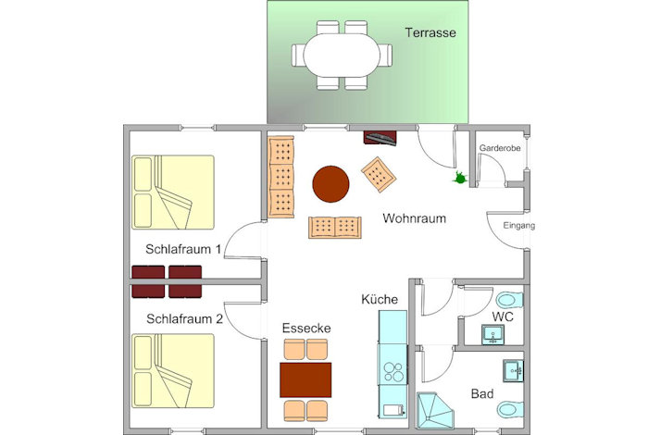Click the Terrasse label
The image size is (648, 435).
point(430,32)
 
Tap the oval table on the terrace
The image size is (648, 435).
point(342,55)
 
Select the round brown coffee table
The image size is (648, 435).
point(330,184)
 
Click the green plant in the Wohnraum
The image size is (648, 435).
point(459,178)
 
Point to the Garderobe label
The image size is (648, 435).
point(500,148)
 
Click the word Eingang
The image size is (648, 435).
point(519,226)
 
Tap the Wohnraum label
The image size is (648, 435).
point(414,218)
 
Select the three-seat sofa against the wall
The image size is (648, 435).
point(281,177)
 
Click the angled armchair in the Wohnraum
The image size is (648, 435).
point(379,174)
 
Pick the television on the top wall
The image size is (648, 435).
point(380,138)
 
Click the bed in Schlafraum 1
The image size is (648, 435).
point(173,193)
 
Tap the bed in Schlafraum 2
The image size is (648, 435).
point(173,370)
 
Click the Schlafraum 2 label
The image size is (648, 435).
point(184,319)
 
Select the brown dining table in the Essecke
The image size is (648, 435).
point(305,380)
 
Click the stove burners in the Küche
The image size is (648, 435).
point(393,372)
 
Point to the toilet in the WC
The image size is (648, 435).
point(509,300)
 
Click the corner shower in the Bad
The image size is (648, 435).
point(435,411)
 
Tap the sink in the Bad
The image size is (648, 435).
point(513,370)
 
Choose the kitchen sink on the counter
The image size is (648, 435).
point(393,410)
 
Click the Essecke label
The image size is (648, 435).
point(306,328)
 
